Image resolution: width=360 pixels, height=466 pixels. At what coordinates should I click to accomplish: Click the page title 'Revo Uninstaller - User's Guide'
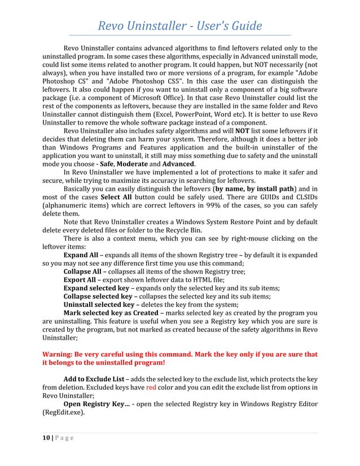(180, 26)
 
